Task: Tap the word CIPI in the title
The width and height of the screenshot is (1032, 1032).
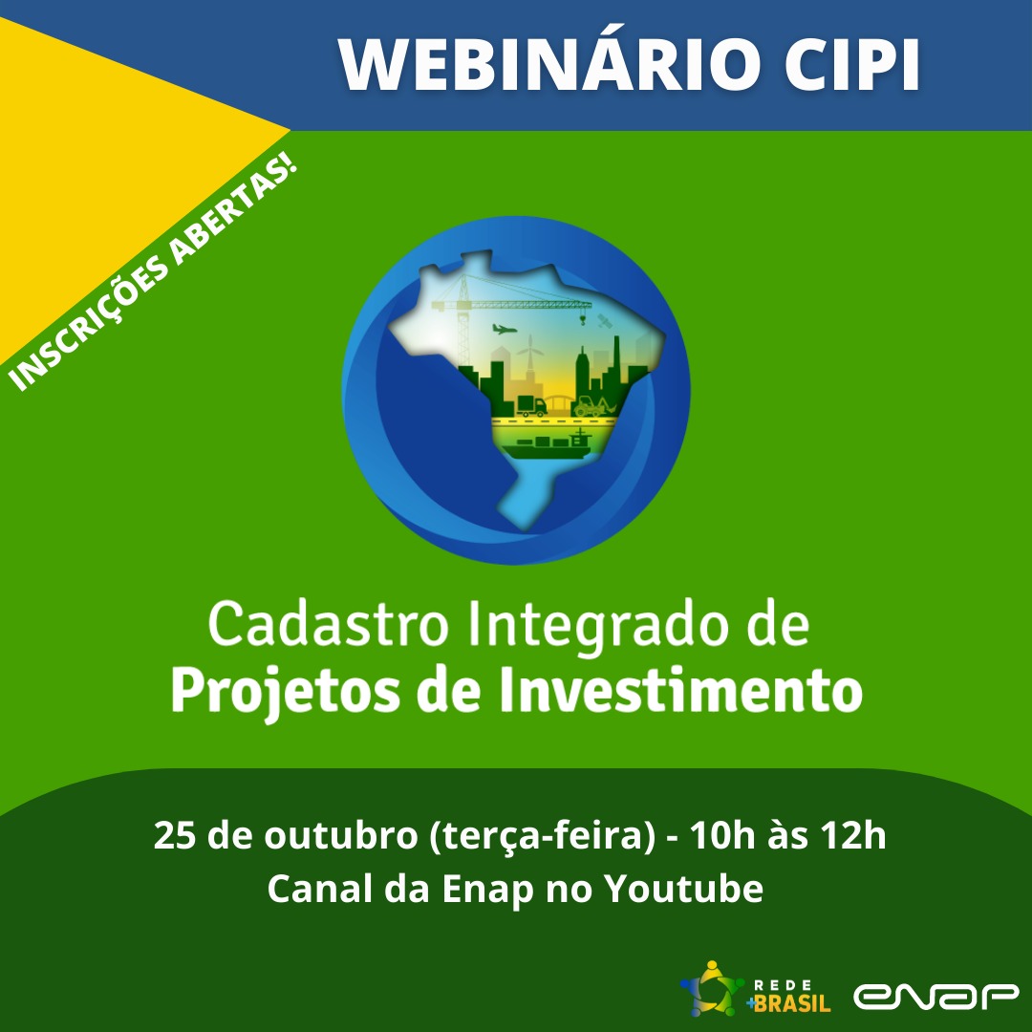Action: (850, 65)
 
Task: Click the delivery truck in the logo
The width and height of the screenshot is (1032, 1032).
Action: (528, 406)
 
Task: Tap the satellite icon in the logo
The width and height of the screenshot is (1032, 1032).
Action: (604, 321)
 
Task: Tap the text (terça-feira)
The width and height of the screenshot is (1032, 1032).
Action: (541, 837)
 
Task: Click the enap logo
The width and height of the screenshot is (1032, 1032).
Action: (936, 996)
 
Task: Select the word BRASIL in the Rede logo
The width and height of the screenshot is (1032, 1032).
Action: (792, 1003)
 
